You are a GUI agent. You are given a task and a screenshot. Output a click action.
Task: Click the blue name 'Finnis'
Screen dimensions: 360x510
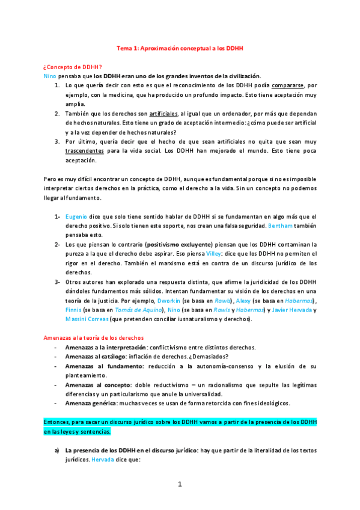coord(73,309)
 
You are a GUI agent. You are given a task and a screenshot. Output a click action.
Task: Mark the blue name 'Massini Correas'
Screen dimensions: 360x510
coord(87,319)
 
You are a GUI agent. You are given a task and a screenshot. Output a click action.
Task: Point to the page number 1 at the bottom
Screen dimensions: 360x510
coord(180,484)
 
